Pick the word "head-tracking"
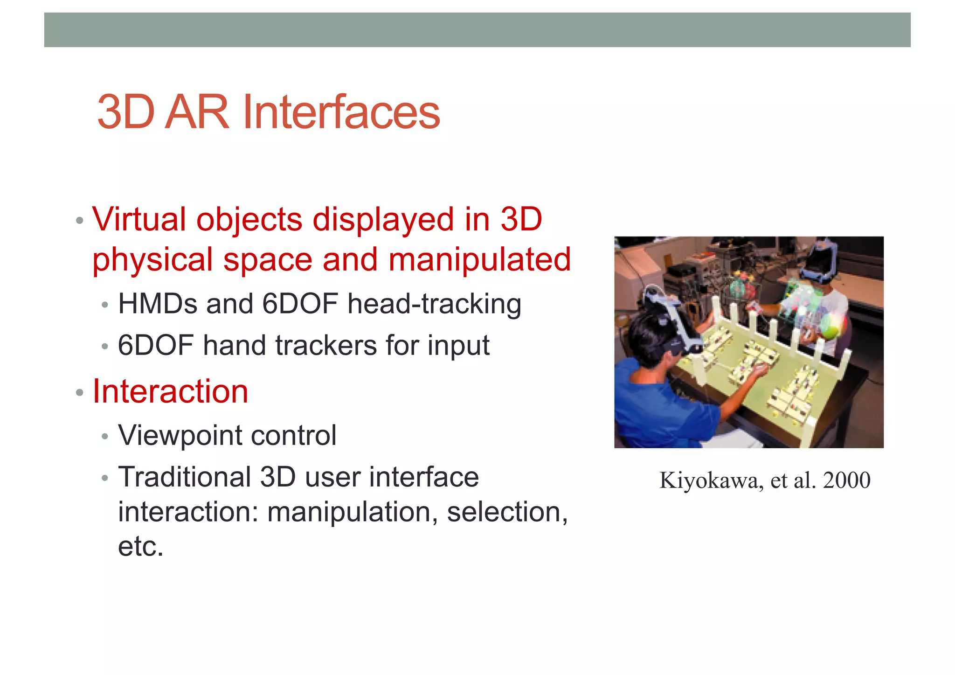coord(434,304)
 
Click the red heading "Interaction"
coord(170,391)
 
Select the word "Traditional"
coord(185,477)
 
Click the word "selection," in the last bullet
coord(507,512)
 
